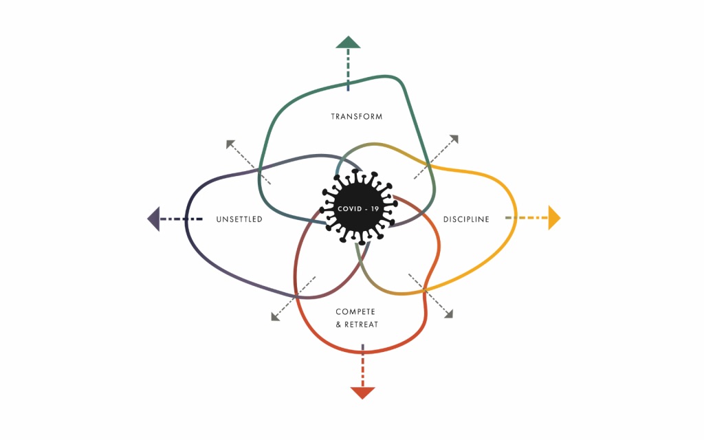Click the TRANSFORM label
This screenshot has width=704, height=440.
pyautogui.click(x=357, y=117)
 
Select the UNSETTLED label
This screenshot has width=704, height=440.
pyautogui.click(x=239, y=219)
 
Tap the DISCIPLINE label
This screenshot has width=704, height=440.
pyautogui.click(x=466, y=219)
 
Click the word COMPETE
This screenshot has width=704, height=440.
pyautogui.click(x=355, y=311)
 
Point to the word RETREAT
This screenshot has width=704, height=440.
pyautogui.click(x=361, y=324)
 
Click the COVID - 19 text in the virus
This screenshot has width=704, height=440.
pyautogui.click(x=357, y=209)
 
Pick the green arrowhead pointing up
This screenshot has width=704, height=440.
pyautogui.click(x=348, y=42)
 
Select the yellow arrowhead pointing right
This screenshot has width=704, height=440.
pyautogui.click(x=554, y=218)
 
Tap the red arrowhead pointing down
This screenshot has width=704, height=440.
pyautogui.click(x=362, y=393)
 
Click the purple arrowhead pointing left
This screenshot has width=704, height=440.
pyautogui.click(x=153, y=219)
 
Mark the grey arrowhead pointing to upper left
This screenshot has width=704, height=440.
pyautogui.click(x=230, y=144)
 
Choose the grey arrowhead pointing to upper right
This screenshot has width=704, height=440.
pyautogui.click(x=454, y=139)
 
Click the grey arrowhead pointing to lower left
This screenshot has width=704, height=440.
pyautogui.click(x=276, y=316)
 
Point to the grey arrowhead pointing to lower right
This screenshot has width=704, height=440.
pyautogui.click(x=448, y=313)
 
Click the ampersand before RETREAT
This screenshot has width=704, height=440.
pyautogui.click(x=338, y=324)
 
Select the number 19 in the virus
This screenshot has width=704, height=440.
pyautogui.click(x=375, y=209)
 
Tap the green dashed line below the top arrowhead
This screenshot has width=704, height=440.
pyautogui.click(x=348, y=70)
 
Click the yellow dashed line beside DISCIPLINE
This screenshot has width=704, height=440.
pyautogui.click(x=527, y=218)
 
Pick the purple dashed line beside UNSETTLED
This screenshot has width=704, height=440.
pyautogui.click(x=181, y=219)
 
